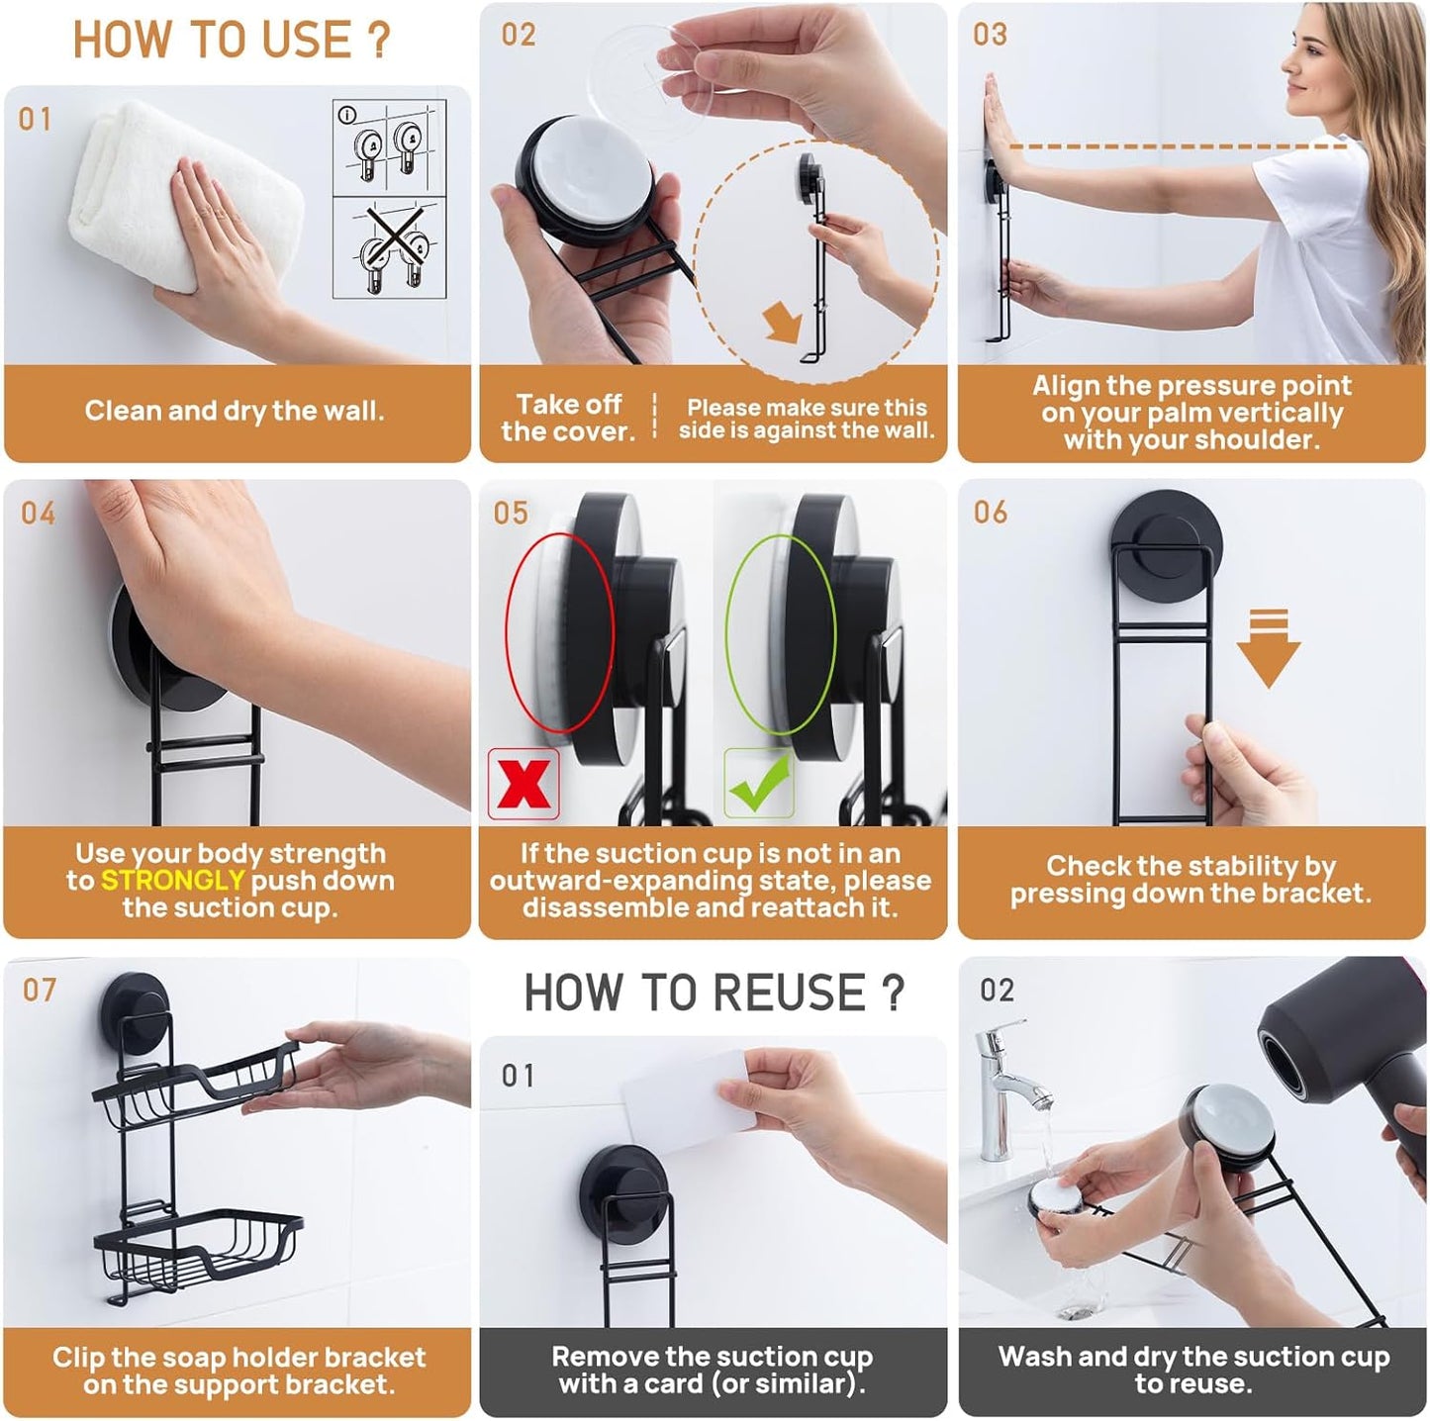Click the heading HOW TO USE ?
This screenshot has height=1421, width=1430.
tap(232, 41)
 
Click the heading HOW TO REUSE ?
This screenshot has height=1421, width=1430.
tap(714, 993)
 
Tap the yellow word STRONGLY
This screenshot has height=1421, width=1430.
tap(172, 881)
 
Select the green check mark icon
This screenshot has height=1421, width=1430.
tap(759, 784)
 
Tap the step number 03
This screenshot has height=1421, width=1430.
tap(990, 35)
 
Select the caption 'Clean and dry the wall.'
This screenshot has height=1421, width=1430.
tap(235, 411)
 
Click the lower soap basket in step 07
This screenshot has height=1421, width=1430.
tap(198, 1247)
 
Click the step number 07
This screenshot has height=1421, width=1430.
tap(40, 990)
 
